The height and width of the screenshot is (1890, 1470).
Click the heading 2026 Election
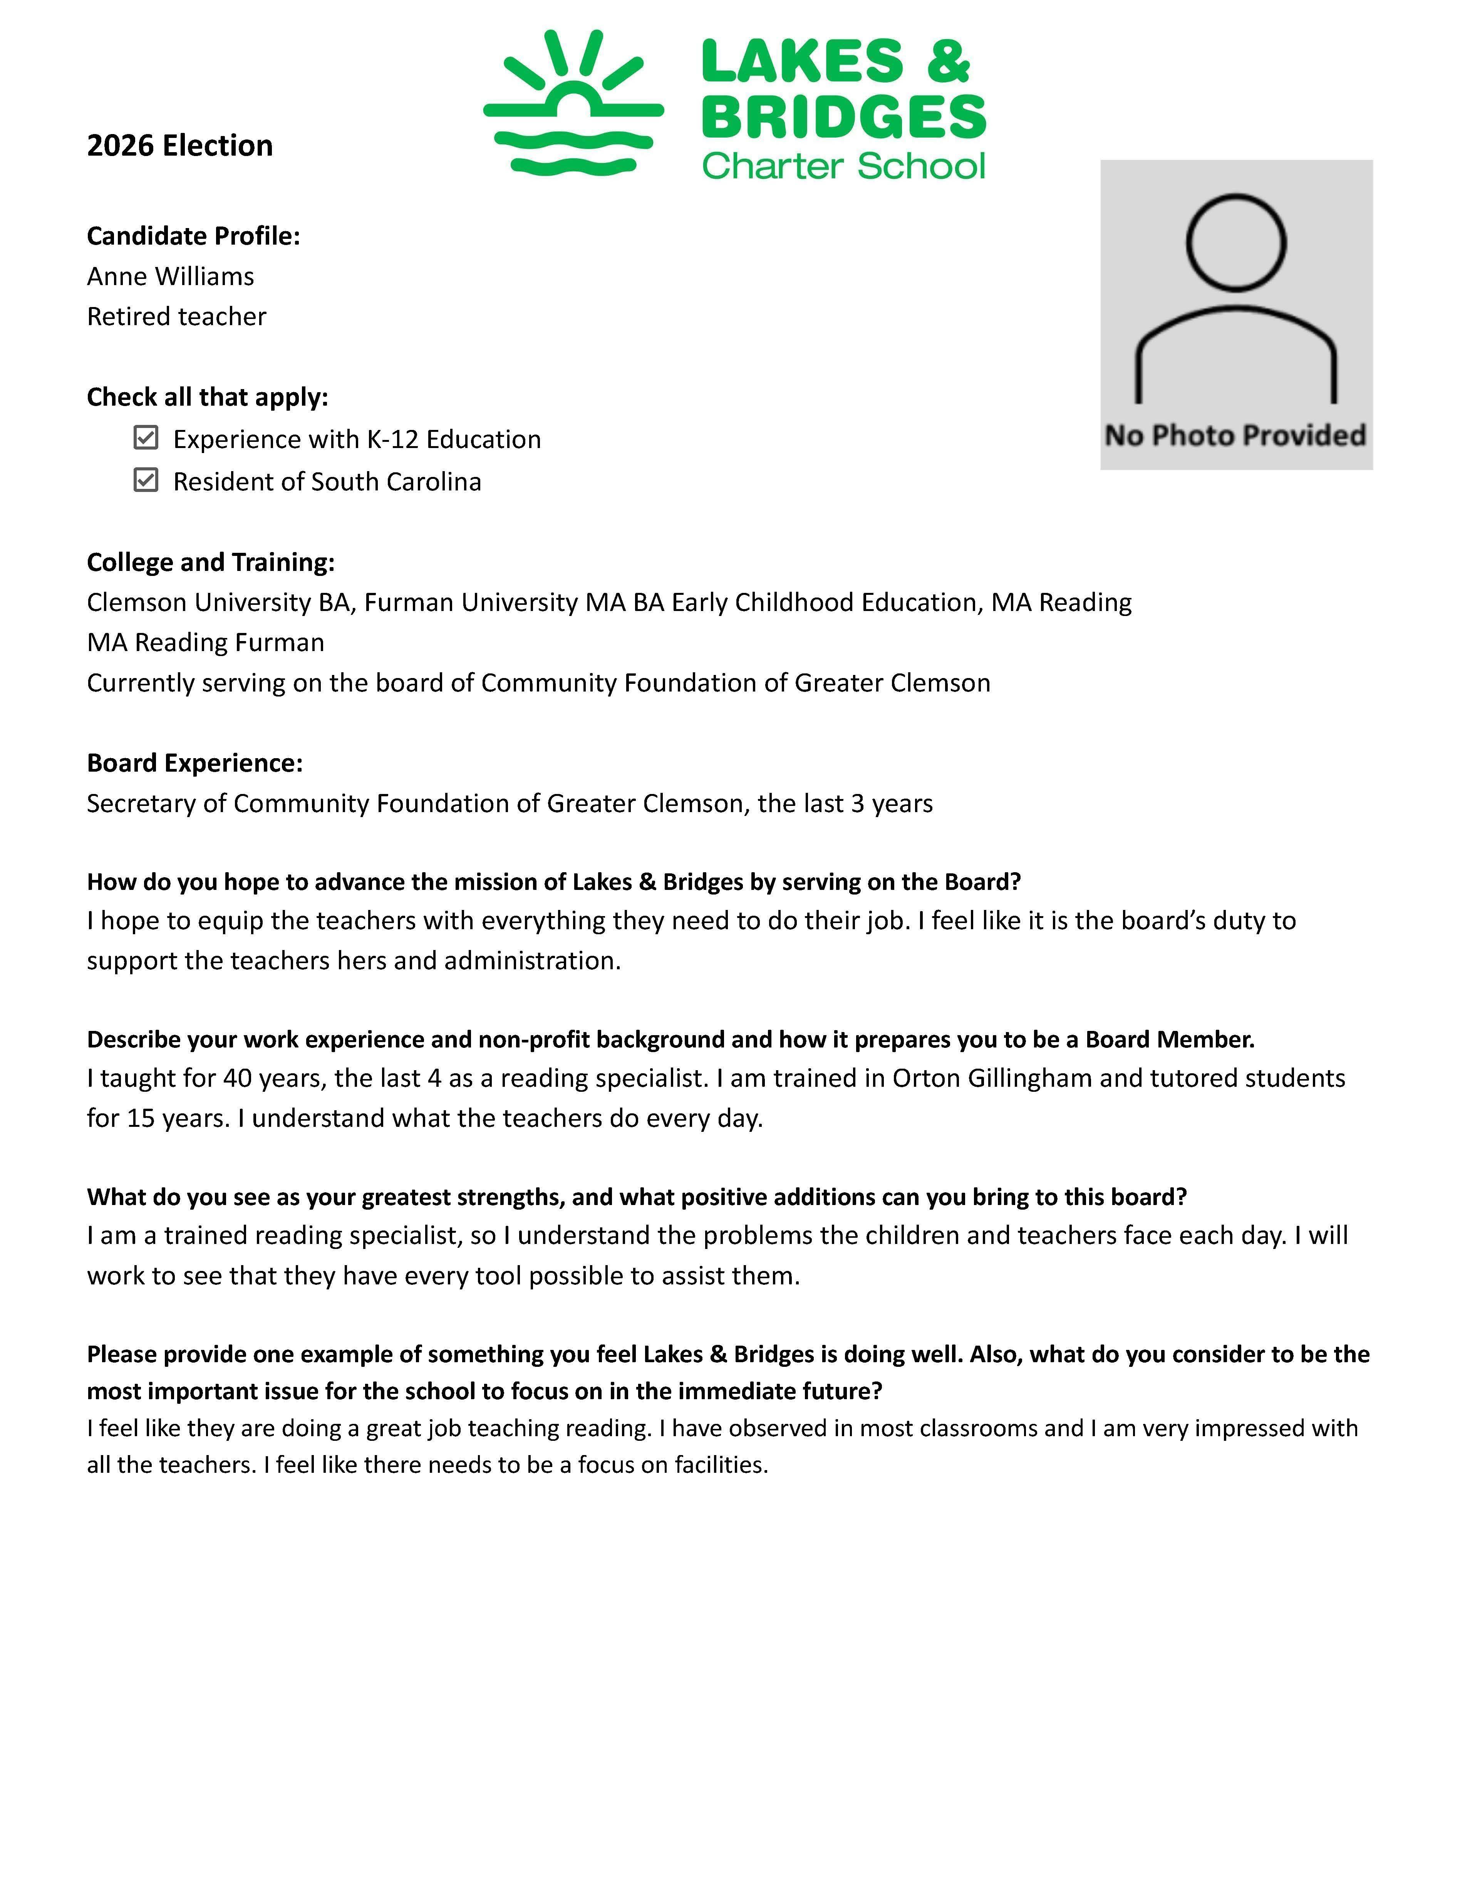tap(180, 145)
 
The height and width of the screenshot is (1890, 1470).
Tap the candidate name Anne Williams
tap(171, 276)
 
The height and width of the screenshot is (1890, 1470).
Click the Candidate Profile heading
tap(193, 236)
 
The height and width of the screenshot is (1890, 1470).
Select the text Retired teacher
tap(176, 317)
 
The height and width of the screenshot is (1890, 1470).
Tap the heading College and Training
tap(210, 562)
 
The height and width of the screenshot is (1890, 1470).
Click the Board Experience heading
tap(194, 763)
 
